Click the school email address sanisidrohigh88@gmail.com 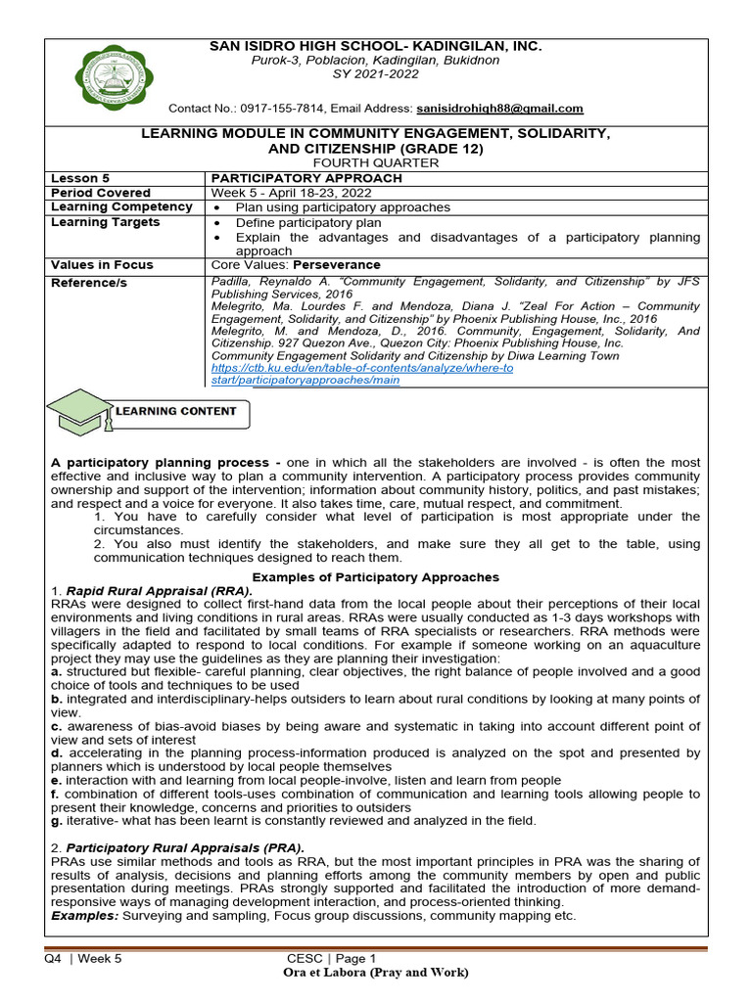pyautogui.click(x=498, y=109)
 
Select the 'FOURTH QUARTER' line pyautogui.click(x=376, y=162)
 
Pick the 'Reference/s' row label pyautogui.click(x=88, y=283)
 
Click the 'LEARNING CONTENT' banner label pyautogui.click(x=176, y=411)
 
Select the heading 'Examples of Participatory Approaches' pyautogui.click(x=376, y=577)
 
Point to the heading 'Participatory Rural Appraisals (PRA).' pyautogui.click(x=185, y=847)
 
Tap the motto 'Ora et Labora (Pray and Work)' pyautogui.click(x=376, y=973)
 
